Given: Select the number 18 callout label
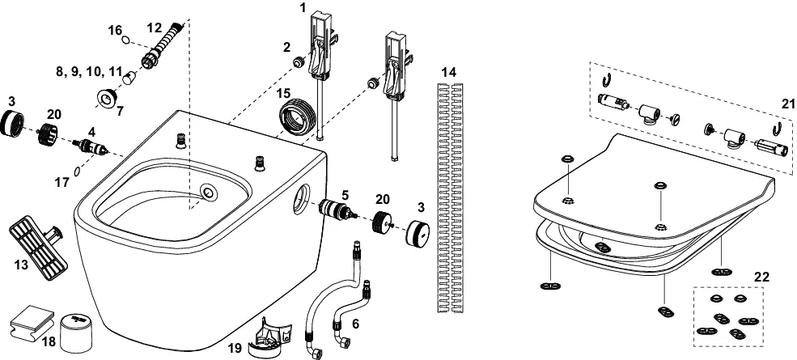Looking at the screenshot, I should click(49, 341).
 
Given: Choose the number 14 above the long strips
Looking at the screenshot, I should click(449, 73).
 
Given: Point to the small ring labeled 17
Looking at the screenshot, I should click(76, 171).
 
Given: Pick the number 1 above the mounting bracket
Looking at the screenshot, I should click(303, 7).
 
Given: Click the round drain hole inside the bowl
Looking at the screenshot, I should click(210, 193).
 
